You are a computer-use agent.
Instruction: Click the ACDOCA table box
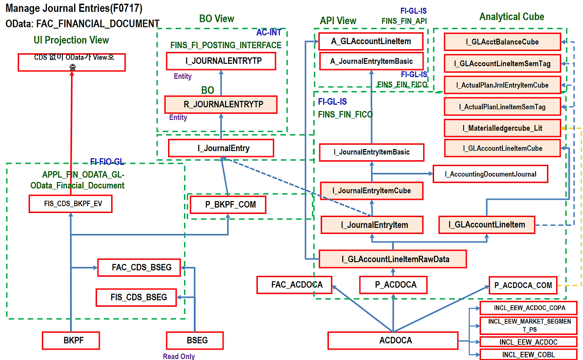tap(393, 340)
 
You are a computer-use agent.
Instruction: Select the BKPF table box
tap(71, 340)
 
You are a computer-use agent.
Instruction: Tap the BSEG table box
tap(194, 340)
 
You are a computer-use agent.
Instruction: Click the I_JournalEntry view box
tap(221, 148)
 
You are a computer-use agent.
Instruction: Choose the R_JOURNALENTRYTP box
tap(221, 104)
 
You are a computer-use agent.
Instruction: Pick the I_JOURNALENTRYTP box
tap(221, 61)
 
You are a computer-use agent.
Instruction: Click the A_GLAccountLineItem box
tap(371, 41)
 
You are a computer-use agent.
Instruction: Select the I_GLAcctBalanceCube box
tap(502, 42)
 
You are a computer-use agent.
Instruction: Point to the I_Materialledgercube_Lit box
tap(502, 128)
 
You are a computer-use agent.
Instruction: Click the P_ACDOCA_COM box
tap(523, 286)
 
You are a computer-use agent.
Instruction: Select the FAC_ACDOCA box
tap(294, 285)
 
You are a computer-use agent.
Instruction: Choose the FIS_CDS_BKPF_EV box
tap(70, 204)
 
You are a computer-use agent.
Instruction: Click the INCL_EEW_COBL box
tap(528, 355)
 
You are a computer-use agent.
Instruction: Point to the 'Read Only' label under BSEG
tap(179, 356)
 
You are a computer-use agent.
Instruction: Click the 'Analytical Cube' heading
tap(511, 17)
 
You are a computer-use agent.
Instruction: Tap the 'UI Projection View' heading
tap(71, 40)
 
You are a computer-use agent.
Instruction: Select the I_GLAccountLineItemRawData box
tap(393, 259)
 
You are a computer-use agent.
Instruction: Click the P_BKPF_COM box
tap(228, 205)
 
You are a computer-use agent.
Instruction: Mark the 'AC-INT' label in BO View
tap(269, 33)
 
